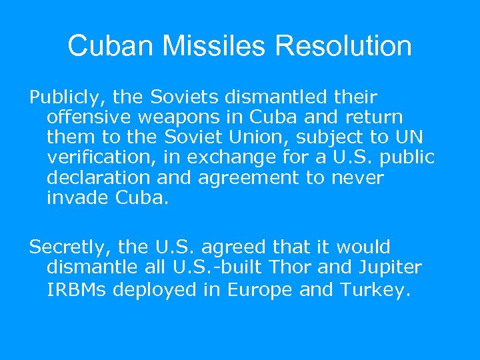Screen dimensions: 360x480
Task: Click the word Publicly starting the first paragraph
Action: (x=64, y=97)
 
